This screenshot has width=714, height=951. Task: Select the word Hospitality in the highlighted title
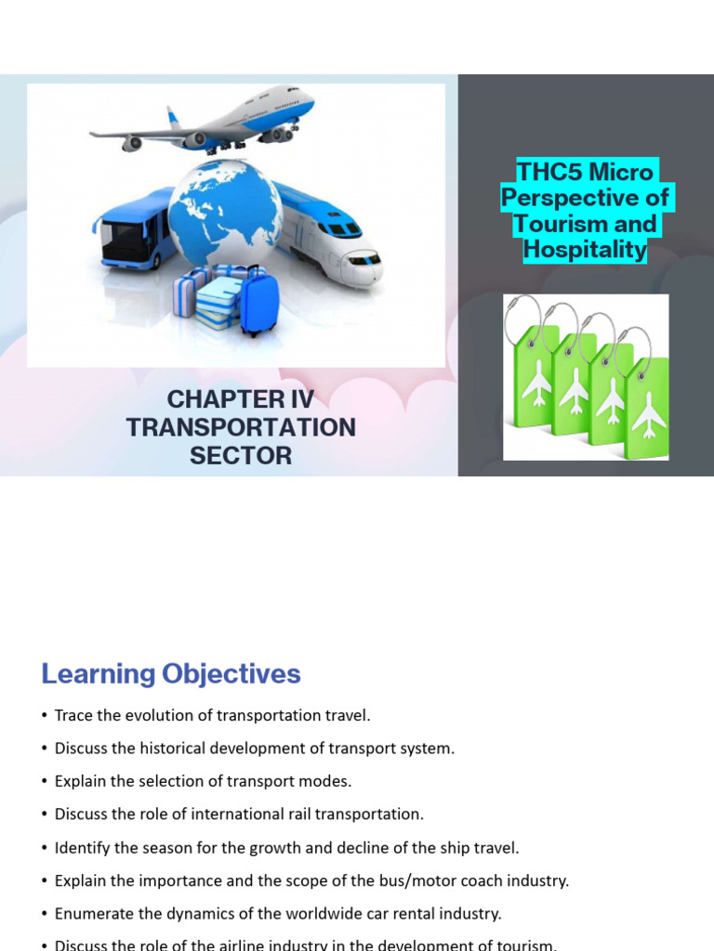[585, 250]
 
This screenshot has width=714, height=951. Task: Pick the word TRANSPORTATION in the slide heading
[241, 428]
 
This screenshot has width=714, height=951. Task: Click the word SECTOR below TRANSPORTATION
[241, 456]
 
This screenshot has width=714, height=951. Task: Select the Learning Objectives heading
[171, 674]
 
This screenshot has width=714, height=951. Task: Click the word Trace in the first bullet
[74, 716]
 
